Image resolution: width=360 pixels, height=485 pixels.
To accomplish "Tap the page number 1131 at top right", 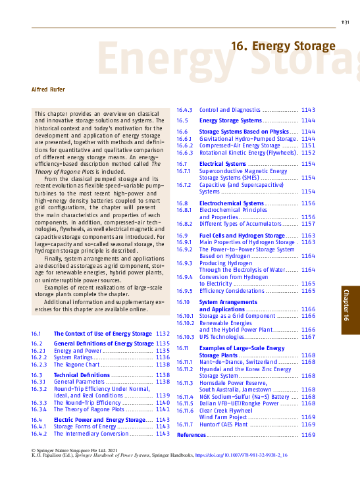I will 345,22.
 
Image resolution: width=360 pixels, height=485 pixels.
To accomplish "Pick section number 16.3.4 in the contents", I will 39,409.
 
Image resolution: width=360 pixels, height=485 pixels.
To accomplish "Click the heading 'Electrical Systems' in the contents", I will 222,163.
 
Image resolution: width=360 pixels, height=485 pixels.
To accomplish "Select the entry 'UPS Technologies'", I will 226,337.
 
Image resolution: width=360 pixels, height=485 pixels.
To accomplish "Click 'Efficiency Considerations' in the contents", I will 231,290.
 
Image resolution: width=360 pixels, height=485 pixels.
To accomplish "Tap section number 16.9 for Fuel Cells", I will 183,235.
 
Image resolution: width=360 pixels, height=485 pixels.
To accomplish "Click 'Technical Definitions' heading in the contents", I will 82,375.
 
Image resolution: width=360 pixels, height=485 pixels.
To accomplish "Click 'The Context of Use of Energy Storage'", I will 103,334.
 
